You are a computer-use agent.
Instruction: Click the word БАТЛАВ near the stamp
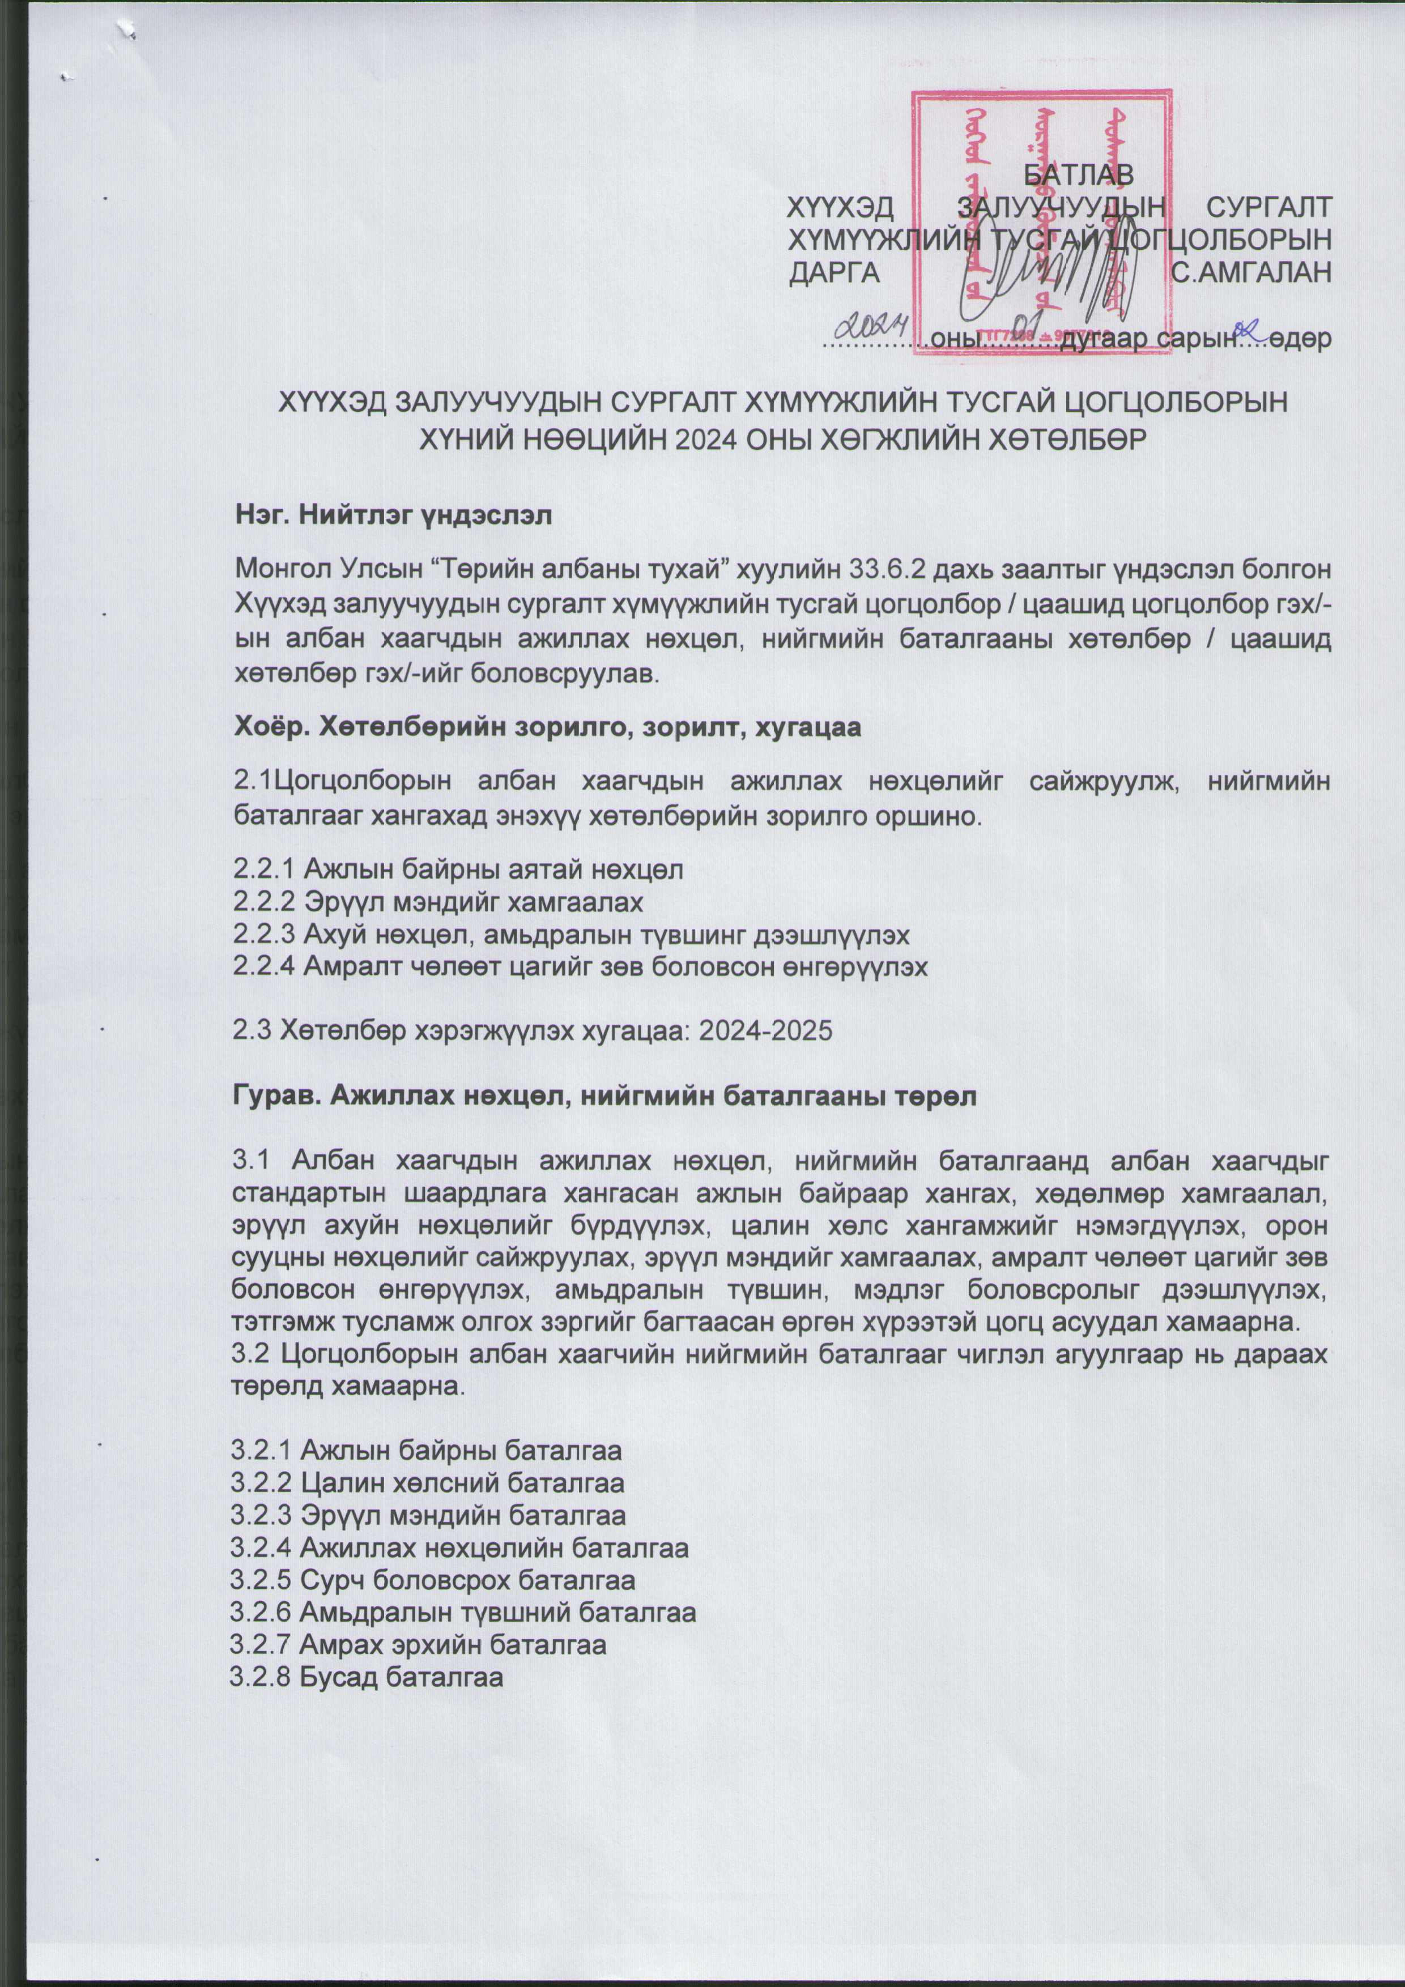[x=1078, y=174]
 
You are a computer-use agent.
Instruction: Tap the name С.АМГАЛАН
[x=1250, y=272]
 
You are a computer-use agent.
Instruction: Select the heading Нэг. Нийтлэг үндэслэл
[x=394, y=516]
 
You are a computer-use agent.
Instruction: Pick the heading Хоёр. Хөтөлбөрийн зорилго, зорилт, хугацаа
[x=547, y=727]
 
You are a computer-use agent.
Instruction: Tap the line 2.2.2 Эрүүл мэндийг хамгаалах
[x=438, y=902]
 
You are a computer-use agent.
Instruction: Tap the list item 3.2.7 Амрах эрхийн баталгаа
[x=418, y=1644]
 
